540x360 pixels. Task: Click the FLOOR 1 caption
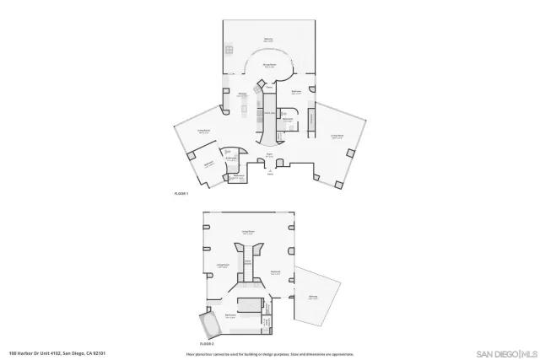181,194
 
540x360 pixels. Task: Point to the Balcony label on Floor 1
268,39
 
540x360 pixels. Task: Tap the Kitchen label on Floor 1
242,94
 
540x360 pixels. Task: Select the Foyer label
269,155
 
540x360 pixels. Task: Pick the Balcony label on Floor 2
313,298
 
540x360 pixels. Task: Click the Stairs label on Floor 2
248,262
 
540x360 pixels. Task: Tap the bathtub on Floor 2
207,325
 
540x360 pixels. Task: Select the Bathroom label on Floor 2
230,316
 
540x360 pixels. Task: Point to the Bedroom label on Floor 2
275,271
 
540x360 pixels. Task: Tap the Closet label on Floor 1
268,87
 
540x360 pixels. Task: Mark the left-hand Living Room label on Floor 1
203,131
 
